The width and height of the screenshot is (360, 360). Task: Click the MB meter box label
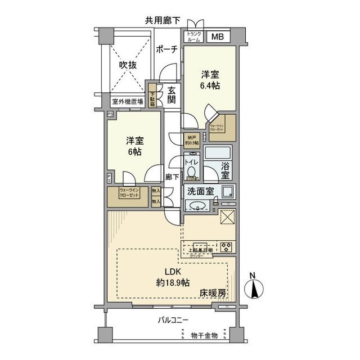pos(217,38)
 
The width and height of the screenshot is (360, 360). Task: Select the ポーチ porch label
pos(167,50)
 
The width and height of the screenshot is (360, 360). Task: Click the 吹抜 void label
pos(128,65)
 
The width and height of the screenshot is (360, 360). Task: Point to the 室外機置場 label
pos(127,102)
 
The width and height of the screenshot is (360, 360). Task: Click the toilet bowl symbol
pos(191,172)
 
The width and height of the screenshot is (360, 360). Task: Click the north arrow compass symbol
pos(254,288)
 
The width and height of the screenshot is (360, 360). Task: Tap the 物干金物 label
pos(204,336)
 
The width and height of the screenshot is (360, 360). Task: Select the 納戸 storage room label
pos(192,139)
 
